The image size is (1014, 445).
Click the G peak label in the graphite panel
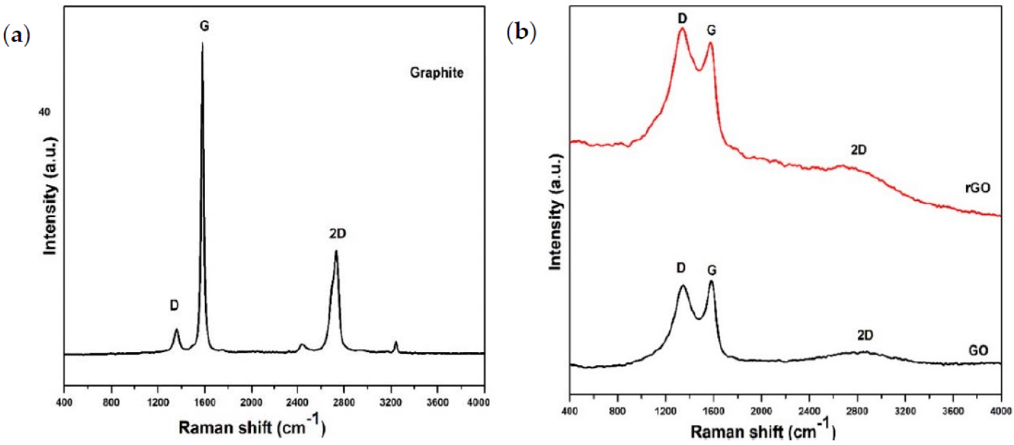pos(204,26)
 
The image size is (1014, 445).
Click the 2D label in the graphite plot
pos(337,234)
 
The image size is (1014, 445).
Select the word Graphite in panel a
pos(437,73)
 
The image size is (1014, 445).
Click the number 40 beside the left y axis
pos(44,112)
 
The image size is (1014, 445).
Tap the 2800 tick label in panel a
pos(344,402)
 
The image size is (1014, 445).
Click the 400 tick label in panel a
pos(64,402)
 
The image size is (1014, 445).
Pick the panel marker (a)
pos(17,35)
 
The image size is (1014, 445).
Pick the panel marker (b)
pos(521,32)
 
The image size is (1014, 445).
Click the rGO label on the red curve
pos(977,187)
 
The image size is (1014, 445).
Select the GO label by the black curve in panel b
pos(978,350)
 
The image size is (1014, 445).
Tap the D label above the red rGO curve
pos(682,19)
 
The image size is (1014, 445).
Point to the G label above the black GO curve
pos(711,270)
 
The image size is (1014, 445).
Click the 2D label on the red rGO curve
pos(858,150)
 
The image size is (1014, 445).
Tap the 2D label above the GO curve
pos(865,336)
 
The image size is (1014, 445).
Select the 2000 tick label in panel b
pos(761,411)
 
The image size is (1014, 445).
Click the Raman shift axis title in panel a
pos(252,427)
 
